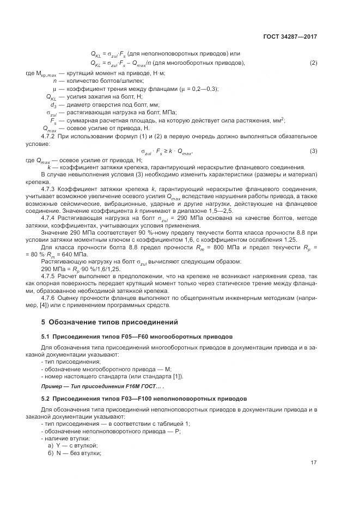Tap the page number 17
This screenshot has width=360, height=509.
[x=314, y=464]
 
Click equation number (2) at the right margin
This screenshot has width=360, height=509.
[x=313, y=63]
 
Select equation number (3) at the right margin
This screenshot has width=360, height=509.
[x=313, y=150]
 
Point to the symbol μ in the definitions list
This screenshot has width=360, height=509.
[x=54, y=89]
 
